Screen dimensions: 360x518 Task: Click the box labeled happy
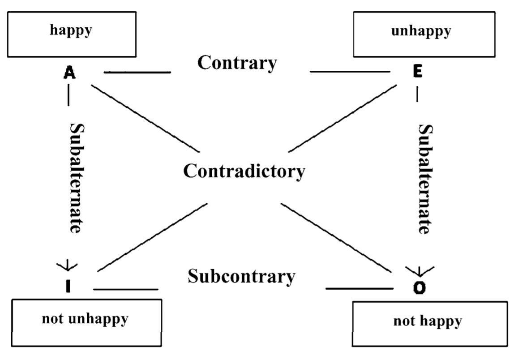(72, 34)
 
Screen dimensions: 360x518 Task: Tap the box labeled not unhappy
(86, 323)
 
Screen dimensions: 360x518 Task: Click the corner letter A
(69, 72)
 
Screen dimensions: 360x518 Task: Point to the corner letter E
(417, 72)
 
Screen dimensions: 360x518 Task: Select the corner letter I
(68, 287)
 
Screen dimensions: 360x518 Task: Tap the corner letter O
(419, 287)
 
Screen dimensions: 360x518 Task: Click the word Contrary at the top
(237, 63)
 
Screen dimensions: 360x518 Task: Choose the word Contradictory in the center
(244, 171)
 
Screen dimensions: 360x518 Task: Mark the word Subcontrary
(241, 276)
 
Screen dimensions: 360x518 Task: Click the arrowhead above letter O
(419, 270)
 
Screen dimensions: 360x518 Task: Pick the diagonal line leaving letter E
(342, 117)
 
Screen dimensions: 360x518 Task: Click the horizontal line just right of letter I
(125, 289)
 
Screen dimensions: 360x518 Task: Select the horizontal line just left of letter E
(349, 71)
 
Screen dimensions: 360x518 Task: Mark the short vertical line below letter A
(68, 95)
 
